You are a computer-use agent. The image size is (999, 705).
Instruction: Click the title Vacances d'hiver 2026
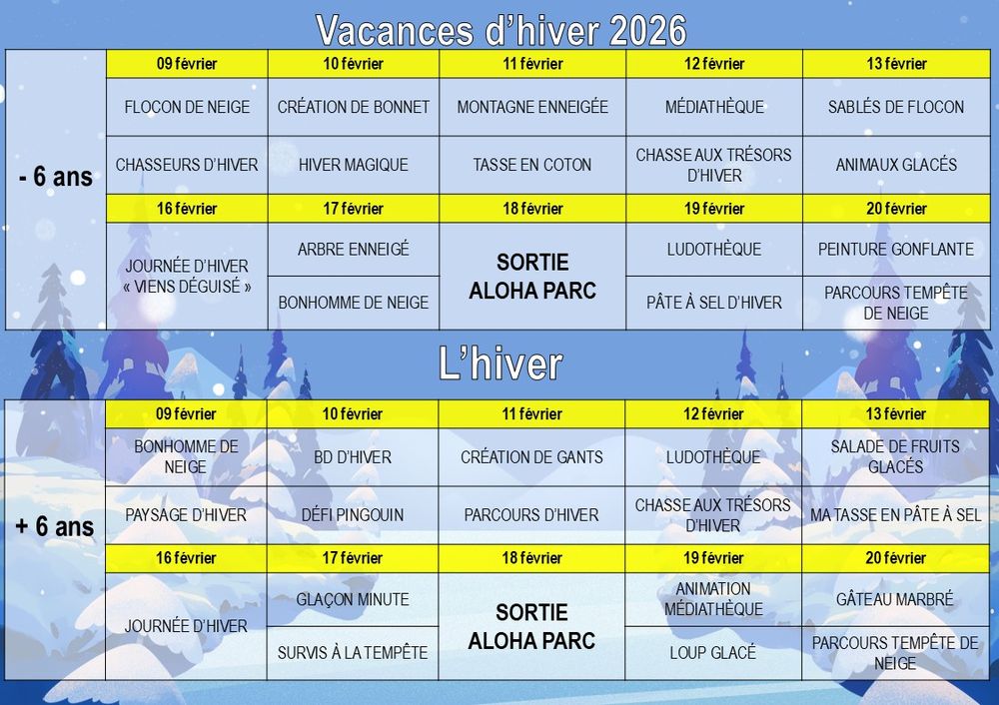pos(500,30)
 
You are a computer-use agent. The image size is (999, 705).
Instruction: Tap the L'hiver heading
pos(500,363)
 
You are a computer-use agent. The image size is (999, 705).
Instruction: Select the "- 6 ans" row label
pos(56,177)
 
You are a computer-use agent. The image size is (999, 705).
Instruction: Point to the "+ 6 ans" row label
pos(55,526)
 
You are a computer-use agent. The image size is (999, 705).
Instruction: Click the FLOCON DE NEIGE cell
pos(187,107)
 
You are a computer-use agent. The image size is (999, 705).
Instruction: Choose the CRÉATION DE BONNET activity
pos(354,107)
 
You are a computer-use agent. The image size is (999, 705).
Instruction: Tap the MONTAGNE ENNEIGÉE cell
pos(532,107)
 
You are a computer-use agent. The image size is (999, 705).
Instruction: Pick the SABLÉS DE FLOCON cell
pos(896,107)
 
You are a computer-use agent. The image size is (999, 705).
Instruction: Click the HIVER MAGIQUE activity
pos(354,165)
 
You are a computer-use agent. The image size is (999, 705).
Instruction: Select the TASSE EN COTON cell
pos(532,165)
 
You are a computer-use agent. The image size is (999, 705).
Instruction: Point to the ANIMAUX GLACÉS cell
pos(896,165)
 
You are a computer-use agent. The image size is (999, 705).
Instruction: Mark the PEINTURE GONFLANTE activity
pos(896,249)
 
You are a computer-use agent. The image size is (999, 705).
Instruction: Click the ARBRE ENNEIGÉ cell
pos(354,249)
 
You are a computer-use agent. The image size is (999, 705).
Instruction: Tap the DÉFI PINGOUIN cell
pos(353,514)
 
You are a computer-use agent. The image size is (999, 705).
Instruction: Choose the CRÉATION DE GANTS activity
pos(531,457)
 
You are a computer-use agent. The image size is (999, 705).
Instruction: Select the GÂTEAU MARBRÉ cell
pos(894,599)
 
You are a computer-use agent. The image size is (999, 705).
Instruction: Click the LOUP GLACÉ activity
pos(713,653)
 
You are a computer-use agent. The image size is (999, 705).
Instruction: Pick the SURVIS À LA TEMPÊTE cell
pos(353,653)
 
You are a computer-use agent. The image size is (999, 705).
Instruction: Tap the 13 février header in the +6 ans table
pos(895,414)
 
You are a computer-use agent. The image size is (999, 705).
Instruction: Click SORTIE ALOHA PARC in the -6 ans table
pos(532,276)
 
